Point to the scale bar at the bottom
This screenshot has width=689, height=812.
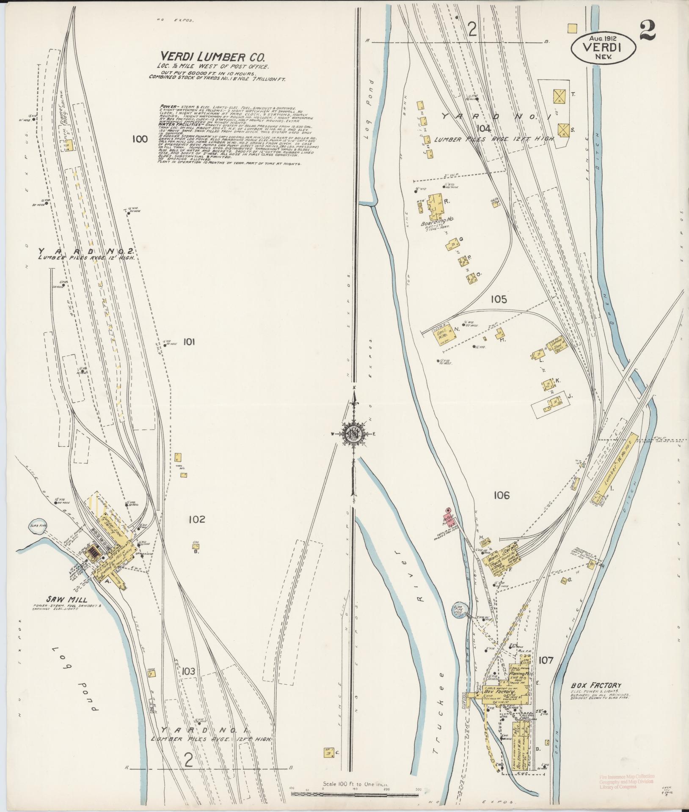355,794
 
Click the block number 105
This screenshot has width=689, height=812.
499,299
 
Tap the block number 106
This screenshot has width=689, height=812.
501,495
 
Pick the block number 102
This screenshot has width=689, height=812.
197,519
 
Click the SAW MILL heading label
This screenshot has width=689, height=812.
67,599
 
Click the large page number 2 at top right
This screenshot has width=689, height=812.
648,31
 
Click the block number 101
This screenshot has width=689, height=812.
189,342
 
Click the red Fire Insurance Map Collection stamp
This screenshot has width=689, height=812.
627,781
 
